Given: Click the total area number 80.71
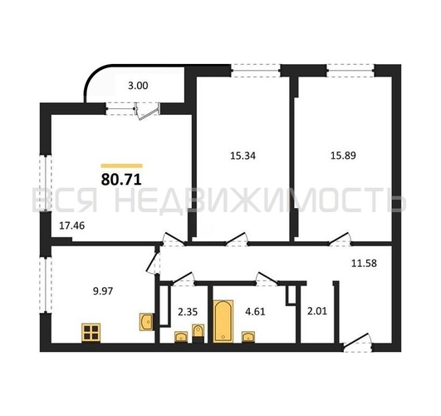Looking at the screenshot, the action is pyautogui.click(x=121, y=179).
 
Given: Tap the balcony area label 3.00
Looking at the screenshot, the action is pyautogui.click(x=138, y=86).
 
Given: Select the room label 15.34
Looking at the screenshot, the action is pyautogui.click(x=243, y=156).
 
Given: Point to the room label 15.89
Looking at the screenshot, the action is pyautogui.click(x=343, y=156).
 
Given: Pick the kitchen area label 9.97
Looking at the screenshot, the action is pyautogui.click(x=103, y=291).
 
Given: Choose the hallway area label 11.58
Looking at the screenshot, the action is pyautogui.click(x=364, y=263).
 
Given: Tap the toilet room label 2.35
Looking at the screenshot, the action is pyautogui.click(x=188, y=312).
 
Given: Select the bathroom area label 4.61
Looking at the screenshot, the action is pyautogui.click(x=255, y=312).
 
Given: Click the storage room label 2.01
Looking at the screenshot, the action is pyautogui.click(x=317, y=311).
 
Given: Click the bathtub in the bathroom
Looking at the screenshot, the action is pyautogui.click(x=223, y=321).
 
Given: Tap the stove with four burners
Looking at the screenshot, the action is pyautogui.click(x=91, y=333).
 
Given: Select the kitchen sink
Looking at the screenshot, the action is pyautogui.click(x=146, y=322).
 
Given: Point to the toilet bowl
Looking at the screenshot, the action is pyautogui.click(x=198, y=333).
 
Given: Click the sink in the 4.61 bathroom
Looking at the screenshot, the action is pyautogui.click(x=248, y=337).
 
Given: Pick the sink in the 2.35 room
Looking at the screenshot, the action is pyautogui.click(x=181, y=337).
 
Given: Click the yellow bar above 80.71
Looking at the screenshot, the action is pyautogui.click(x=122, y=166).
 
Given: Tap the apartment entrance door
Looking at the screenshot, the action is pyautogui.click(x=357, y=342).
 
